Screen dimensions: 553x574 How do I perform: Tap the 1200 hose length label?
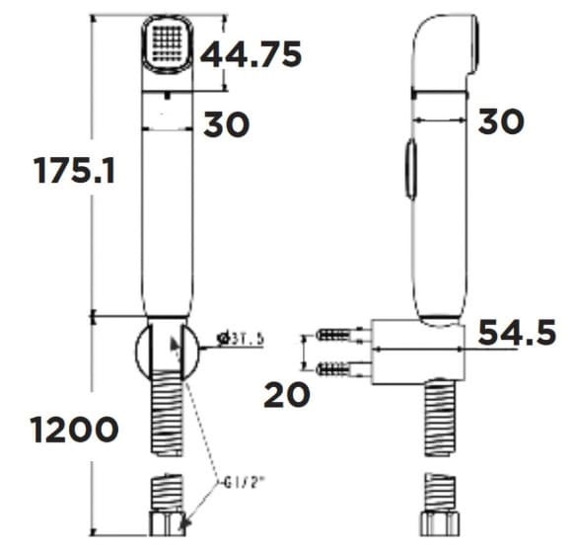pos(74,431)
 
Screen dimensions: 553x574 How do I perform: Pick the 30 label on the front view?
pos(227,124)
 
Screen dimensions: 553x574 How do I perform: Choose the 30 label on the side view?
pos(501,121)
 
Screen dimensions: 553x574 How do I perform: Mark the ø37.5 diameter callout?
pos(240,340)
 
